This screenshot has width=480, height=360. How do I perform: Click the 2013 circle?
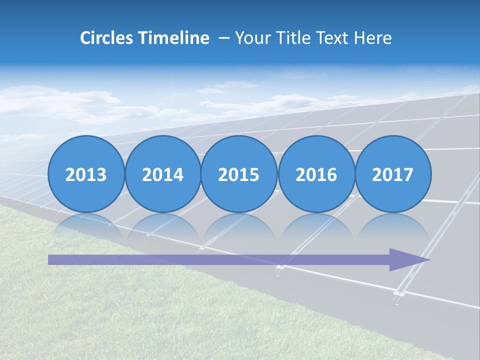tap(86, 174)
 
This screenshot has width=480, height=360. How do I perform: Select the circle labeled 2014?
tap(162, 174)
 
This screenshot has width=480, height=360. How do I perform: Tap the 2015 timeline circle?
tap(239, 174)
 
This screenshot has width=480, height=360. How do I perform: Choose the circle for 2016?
tap(316, 174)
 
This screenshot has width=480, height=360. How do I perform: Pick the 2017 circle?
tap(393, 174)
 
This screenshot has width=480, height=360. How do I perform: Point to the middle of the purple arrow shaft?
tap(220, 259)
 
